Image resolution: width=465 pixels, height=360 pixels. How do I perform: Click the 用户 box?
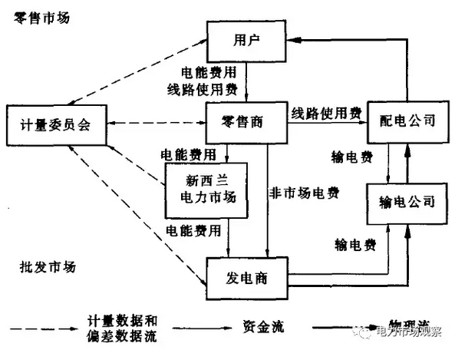[x=244, y=39]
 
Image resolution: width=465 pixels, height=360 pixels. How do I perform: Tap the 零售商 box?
[x=244, y=123]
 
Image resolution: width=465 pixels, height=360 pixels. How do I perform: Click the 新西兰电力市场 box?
[x=207, y=187]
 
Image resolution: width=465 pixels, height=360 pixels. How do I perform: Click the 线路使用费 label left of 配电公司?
[x=326, y=114]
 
